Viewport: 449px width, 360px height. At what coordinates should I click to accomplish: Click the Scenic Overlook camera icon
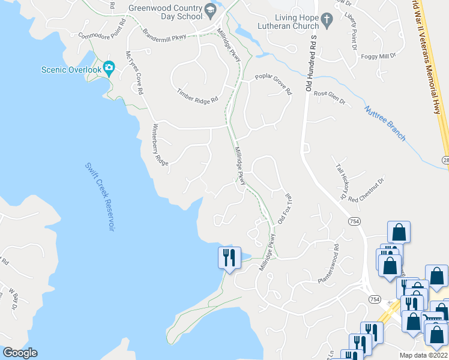point(109,67)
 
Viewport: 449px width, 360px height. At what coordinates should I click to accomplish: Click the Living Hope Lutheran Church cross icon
point(327,20)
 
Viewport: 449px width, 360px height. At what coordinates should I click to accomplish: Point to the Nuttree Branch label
point(385,124)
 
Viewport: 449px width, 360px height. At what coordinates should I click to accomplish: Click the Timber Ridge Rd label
point(197,96)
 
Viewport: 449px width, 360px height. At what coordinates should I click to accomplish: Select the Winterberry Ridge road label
point(159,145)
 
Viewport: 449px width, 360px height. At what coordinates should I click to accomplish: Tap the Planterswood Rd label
point(328,263)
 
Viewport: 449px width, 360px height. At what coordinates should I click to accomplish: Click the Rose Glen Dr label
point(330,98)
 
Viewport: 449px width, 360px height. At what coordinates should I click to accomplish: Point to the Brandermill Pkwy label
point(164,34)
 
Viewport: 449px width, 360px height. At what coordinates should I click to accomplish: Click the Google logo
point(19,353)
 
